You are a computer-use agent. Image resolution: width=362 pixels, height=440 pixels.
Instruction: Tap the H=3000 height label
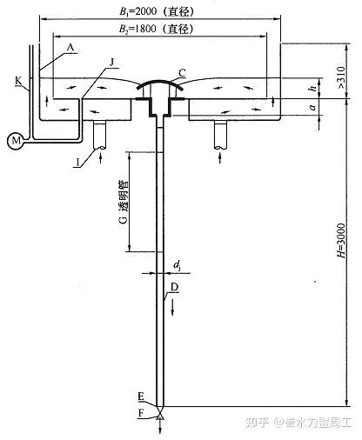pos(341,241)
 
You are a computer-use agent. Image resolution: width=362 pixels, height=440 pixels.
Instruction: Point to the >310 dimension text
pos(341,77)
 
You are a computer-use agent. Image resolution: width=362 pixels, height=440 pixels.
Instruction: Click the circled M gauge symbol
pos(15,141)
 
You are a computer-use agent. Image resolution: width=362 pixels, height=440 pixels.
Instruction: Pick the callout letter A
pos(70,47)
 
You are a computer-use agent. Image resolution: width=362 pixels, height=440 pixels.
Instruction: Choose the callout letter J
pos(112,62)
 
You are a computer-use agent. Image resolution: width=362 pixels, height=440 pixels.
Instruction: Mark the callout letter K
pos(18,81)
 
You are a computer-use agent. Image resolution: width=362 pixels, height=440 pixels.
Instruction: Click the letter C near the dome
pos(182,73)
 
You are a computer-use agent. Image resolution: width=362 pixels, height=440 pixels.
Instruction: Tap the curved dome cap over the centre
pos(160,83)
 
